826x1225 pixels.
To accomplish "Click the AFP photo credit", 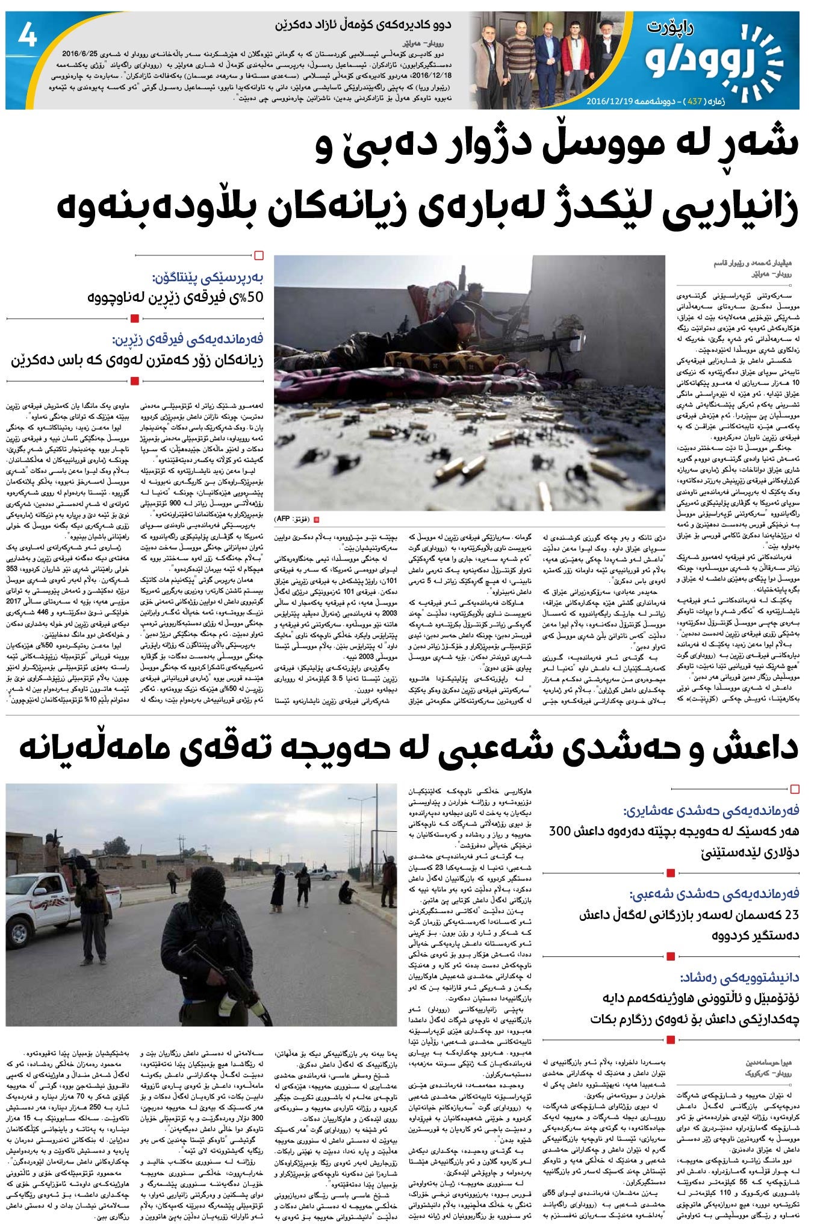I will click(x=291, y=519).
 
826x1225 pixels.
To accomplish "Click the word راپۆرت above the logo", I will click(x=672, y=26).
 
